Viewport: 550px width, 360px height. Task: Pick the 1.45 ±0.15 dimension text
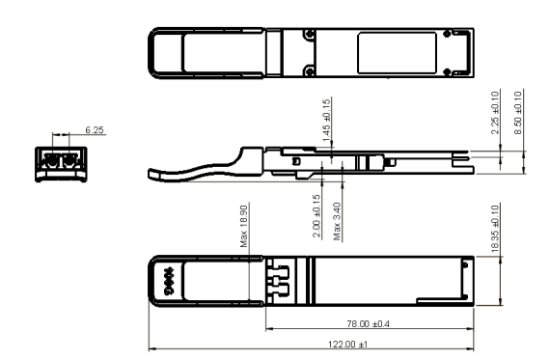click(328, 115)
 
